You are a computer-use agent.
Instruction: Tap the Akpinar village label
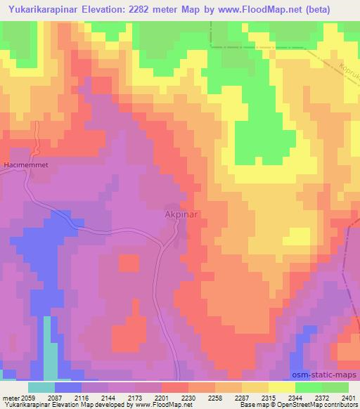pos(181,215)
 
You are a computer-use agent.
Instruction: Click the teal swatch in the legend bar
pos(41,387)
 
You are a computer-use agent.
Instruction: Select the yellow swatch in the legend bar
pos(282,387)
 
